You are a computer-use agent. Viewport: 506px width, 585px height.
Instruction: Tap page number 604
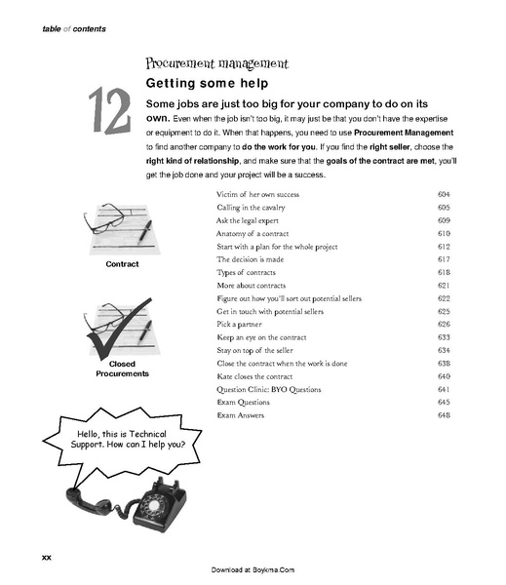444,195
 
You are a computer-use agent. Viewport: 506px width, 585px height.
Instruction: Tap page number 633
444,336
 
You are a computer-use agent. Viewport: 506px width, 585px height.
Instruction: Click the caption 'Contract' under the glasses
122,264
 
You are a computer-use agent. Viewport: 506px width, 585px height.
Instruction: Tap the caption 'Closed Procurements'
121,369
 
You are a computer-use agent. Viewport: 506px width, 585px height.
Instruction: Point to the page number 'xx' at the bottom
45,556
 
